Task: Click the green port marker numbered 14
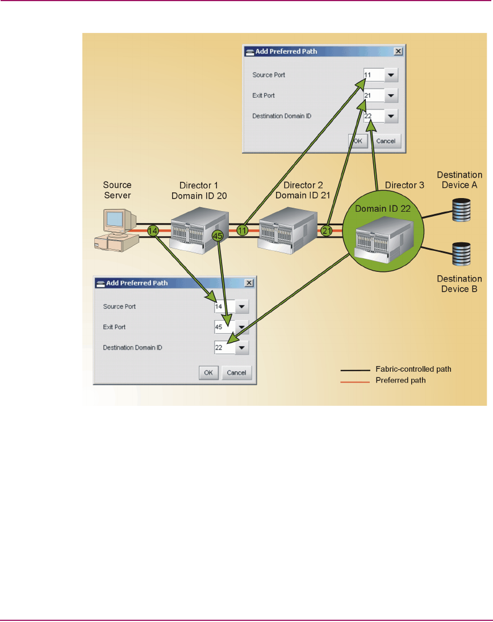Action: [x=152, y=231]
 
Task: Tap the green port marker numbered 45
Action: [x=216, y=234]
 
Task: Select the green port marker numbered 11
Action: [x=243, y=230]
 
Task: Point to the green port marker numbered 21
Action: [x=326, y=230]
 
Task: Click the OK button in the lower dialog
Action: [x=208, y=372]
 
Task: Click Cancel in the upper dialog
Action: [x=386, y=141]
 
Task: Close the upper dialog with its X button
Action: [x=398, y=51]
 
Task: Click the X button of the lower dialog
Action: [x=248, y=283]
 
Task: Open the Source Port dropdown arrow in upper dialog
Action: [x=391, y=75]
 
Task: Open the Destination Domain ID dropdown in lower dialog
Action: [x=241, y=347]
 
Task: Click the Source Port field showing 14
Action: [x=223, y=306]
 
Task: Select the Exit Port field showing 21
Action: [x=373, y=95]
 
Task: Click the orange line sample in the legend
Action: [x=353, y=381]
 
